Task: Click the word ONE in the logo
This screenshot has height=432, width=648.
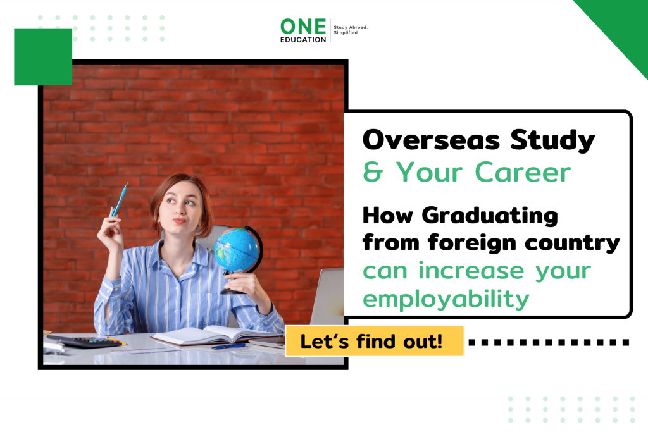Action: [x=304, y=26]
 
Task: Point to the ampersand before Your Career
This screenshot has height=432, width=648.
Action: [x=373, y=172]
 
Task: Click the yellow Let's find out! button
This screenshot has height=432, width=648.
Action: [x=374, y=342]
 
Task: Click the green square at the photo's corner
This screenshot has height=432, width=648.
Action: [x=43, y=57]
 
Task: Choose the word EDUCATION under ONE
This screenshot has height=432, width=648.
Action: [x=304, y=39]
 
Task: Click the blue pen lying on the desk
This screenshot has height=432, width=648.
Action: [x=228, y=346]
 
